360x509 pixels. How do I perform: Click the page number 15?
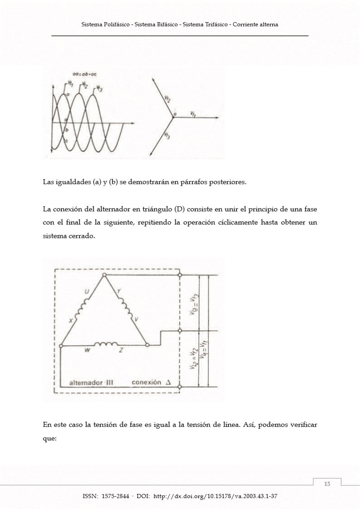(x=327, y=484)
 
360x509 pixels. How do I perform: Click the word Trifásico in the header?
(x=216, y=24)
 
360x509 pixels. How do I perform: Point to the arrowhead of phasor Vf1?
(x=217, y=118)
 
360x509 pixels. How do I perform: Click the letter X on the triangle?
(x=71, y=321)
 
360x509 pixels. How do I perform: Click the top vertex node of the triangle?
(x=104, y=275)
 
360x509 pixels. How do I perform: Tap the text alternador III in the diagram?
(x=91, y=382)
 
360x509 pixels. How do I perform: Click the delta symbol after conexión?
(x=168, y=382)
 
